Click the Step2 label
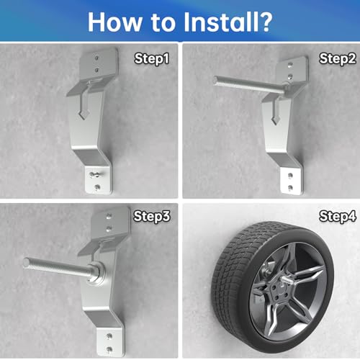coord(335,57)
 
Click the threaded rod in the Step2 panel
coord(245,84)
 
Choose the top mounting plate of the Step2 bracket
coord(290,69)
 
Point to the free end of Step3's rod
coord(27,262)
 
